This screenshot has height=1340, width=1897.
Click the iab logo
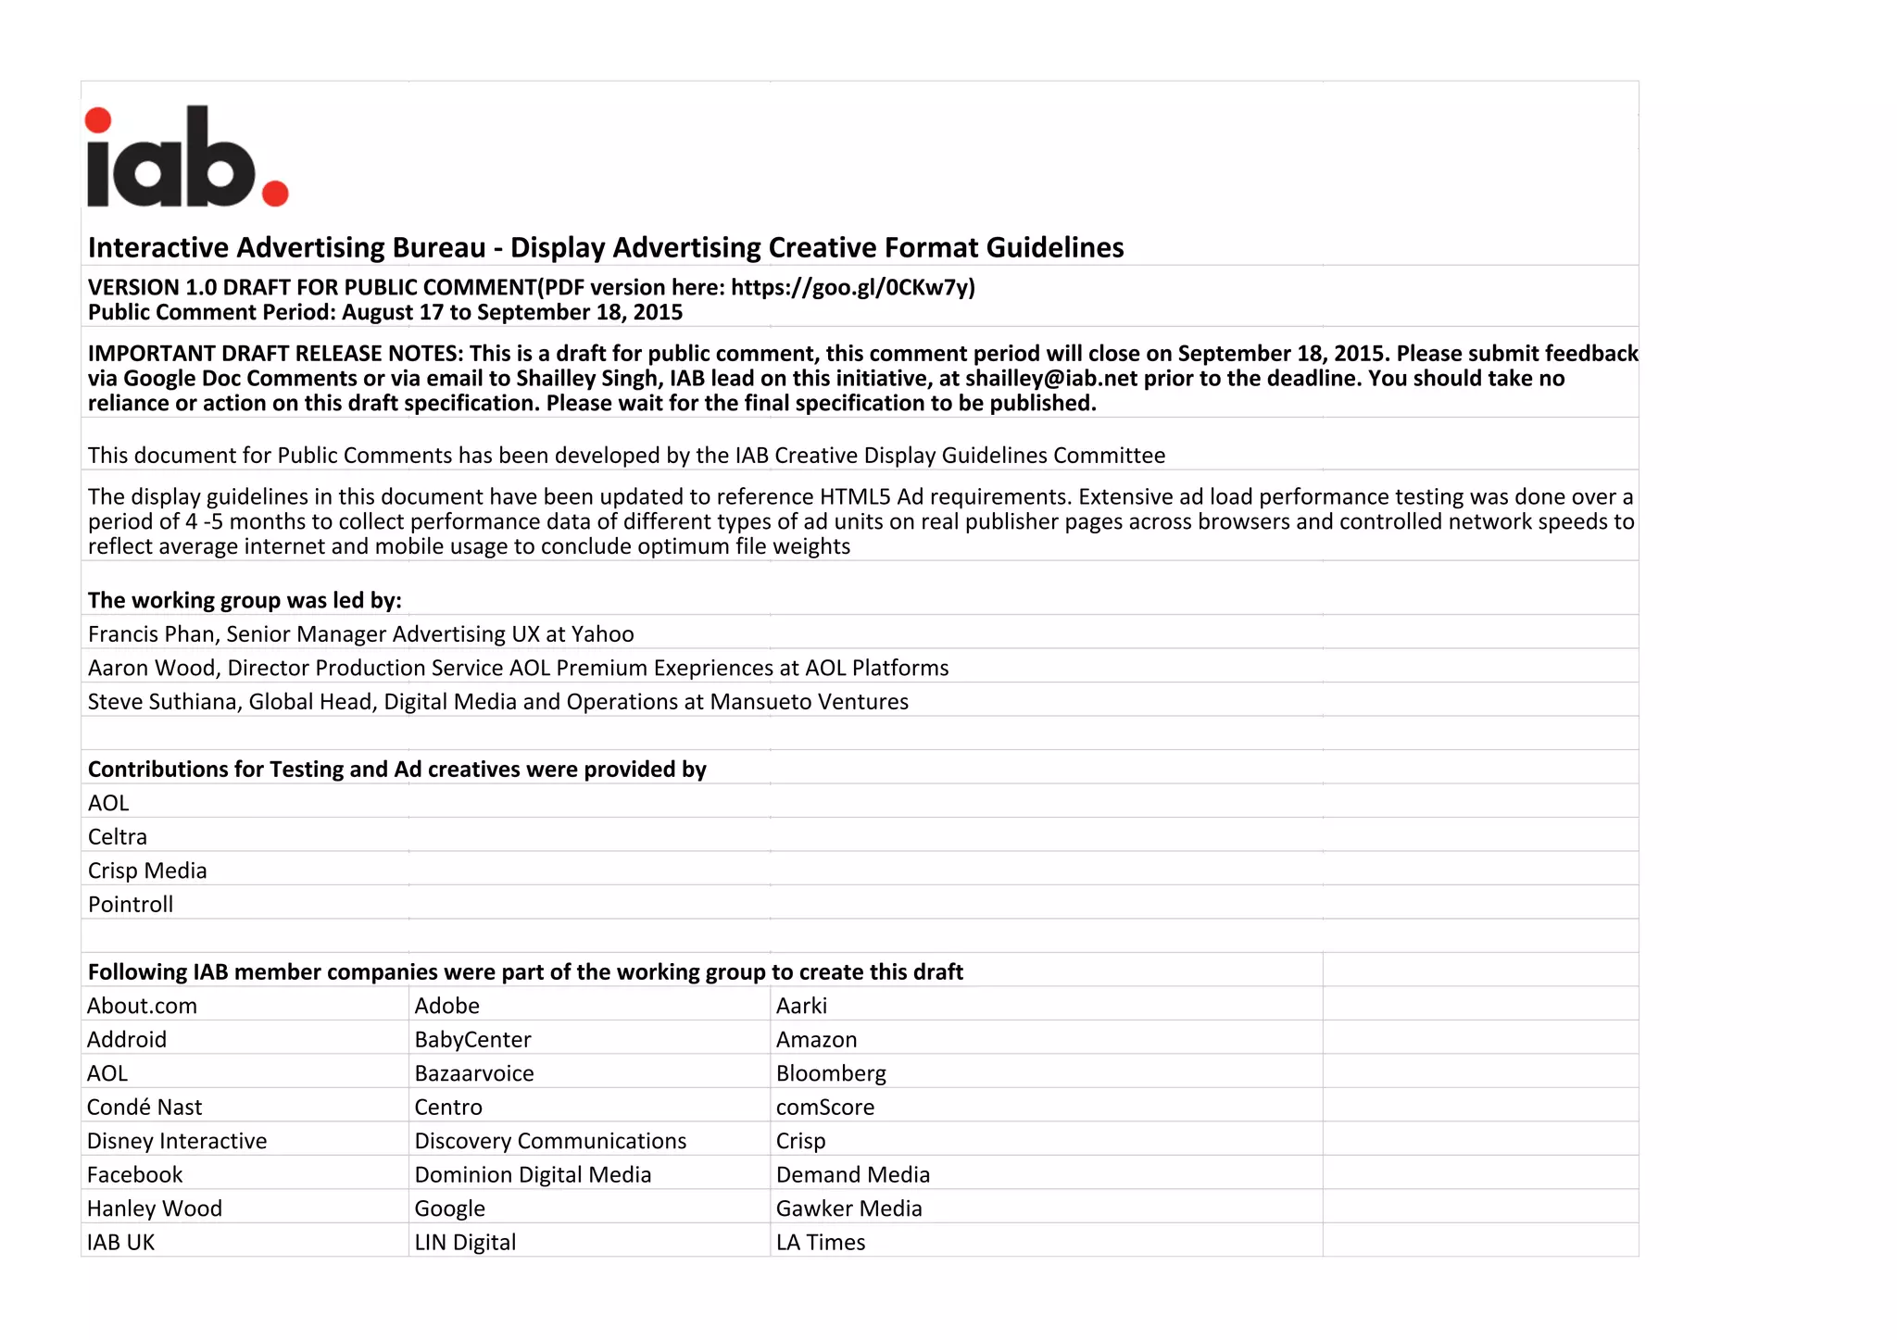186,157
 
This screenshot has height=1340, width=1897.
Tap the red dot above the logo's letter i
98,120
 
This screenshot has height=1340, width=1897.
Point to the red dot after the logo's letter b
275,193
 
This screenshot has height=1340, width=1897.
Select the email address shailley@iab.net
1051,379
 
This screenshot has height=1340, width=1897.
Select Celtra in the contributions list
118,837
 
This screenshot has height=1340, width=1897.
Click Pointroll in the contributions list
131,905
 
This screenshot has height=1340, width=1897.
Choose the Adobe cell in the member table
447,1007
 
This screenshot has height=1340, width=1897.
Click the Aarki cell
801,1007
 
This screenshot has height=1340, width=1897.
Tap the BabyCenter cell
472,1040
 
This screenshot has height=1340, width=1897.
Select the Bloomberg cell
831,1074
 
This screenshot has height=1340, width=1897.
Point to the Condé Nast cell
144,1108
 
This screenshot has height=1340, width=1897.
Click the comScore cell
824,1108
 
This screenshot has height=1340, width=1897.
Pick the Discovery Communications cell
550,1142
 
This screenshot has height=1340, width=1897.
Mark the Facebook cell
135,1175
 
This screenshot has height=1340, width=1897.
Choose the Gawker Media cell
848,1209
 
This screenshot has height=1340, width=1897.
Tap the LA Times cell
821,1243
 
